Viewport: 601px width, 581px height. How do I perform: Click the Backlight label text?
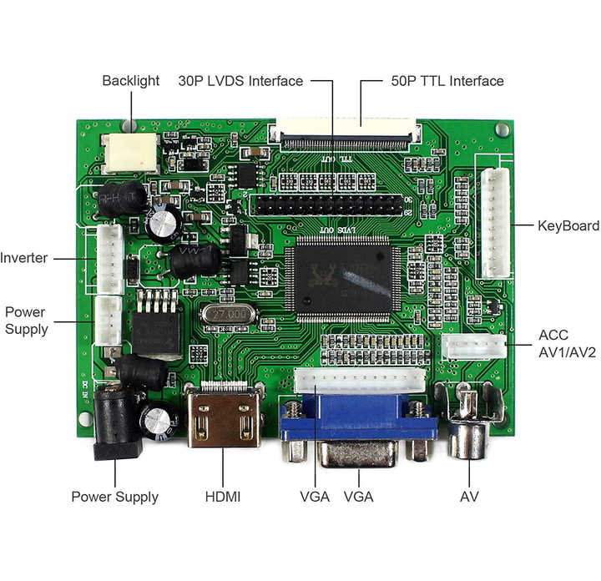click(x=131, y=81)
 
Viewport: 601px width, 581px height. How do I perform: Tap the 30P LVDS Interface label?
click(x=240, y=81)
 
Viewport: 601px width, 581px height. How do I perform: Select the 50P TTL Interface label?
click(x=447, y=81)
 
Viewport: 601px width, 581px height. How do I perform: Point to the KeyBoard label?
click(x=568, y=226)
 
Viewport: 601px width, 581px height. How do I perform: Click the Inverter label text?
click(x=24, y=258)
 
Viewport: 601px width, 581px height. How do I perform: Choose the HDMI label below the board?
click(x=223, y=497)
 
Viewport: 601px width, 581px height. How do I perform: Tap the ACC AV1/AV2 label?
click(x=568, y=343)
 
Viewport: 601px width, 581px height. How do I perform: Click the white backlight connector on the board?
click(x=131, y=152)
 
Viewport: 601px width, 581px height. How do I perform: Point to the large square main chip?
click(x=337, y=279)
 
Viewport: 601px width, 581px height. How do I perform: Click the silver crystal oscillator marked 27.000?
click(x=228, y=316)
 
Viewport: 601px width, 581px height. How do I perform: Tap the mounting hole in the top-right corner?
click(x=501, y=130)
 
